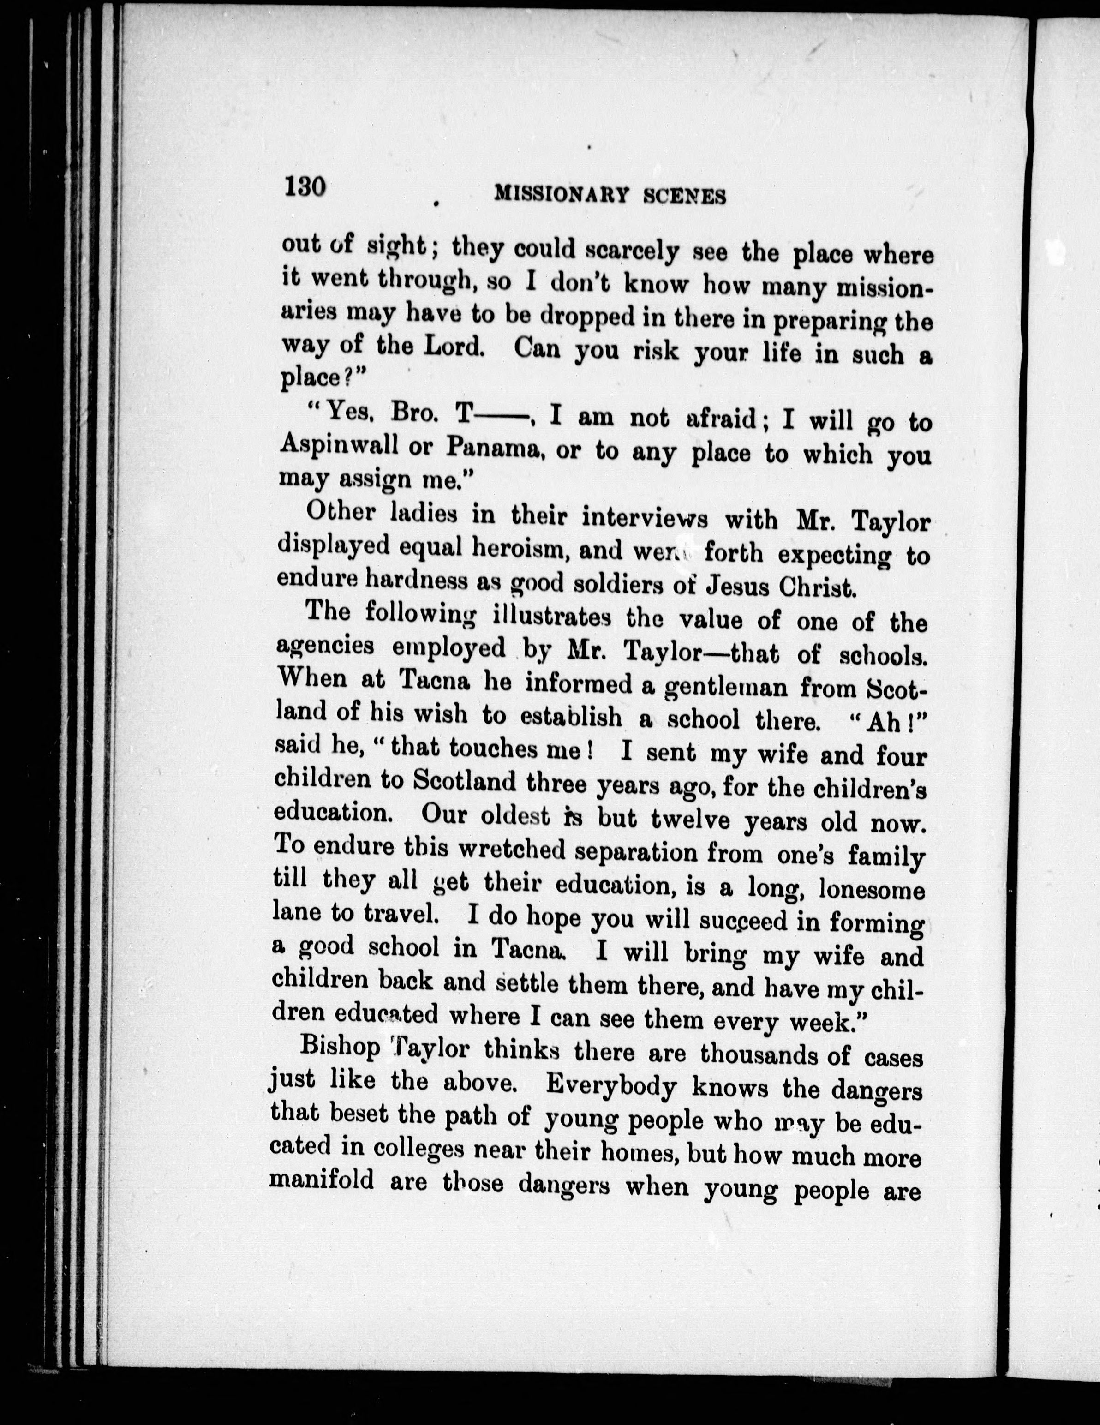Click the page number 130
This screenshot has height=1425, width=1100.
coord(304,186)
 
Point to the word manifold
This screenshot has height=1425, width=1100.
coord(323,1180)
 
